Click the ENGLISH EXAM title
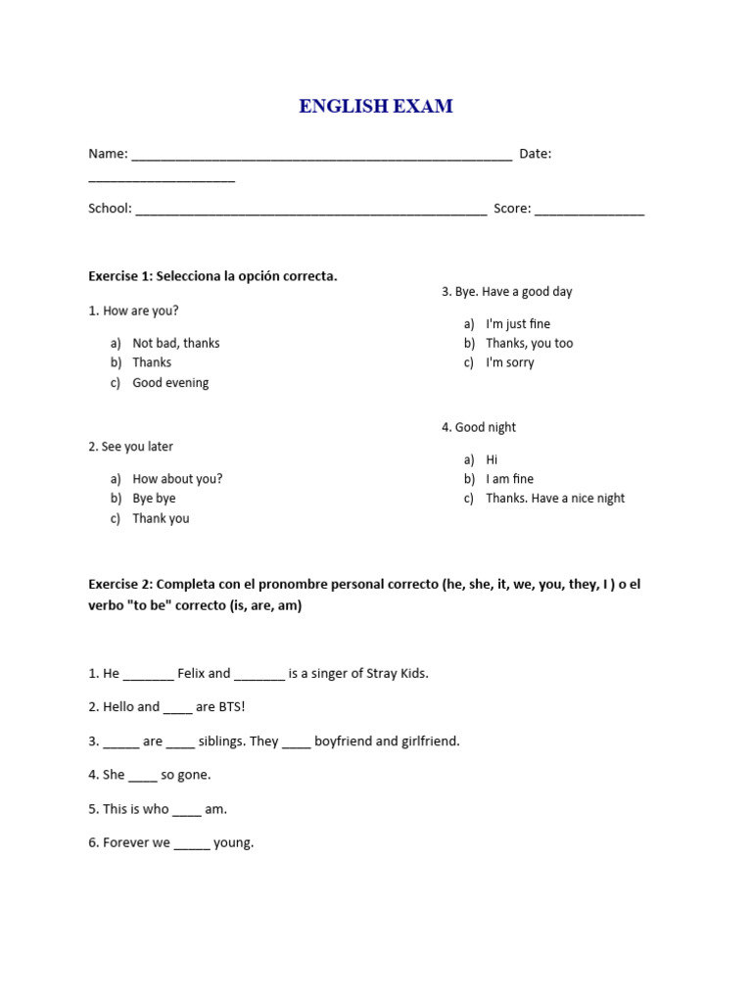pyautogui.click(x=376, y=107)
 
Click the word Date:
pyautogui.click(x=535, y=154)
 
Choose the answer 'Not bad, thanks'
pyautogui.click(x=176, y=343)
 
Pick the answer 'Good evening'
pyautogui.click(x=170, y=383)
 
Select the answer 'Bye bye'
pyautogui.click(x=154, y=499)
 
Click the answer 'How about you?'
pyautogui.click(x=177, y=479)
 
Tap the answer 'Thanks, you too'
pyautogui.click(x=530, y=343)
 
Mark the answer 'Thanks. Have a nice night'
pyautogui.click(x=555, y=499)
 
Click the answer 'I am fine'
pyautogui.click(x=509, y=479)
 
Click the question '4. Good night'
pyautogui.click(x=479, y=427)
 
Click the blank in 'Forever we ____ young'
pyautogui.click(x=192, y=844)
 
